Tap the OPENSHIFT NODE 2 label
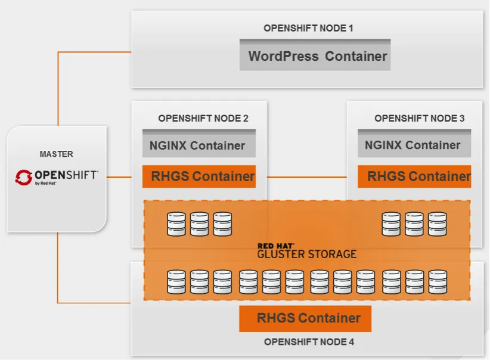pos(203,118)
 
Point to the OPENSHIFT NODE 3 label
pos(419,118)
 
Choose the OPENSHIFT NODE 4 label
pos(309,342)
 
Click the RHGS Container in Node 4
pos(305,318)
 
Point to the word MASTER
pos(57,154)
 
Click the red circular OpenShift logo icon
pos(24,176)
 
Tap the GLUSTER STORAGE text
pos(306,254)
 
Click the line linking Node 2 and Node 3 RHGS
pos(306,177)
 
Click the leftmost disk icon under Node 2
pos(176,225)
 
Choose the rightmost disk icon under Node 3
pos(437,225)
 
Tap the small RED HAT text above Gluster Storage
pos(275,245)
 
